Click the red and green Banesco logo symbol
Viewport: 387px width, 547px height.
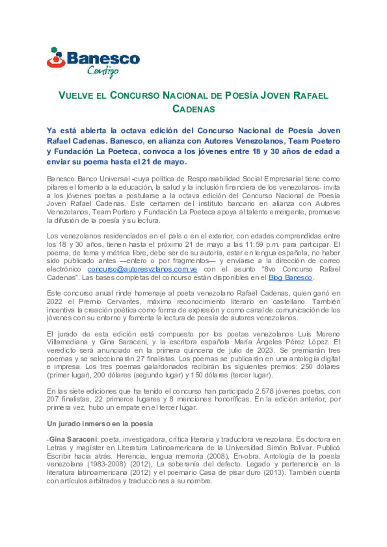(56, 58)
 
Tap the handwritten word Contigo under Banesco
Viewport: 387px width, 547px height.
(103, 71)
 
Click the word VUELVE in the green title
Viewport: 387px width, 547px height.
(76, 96)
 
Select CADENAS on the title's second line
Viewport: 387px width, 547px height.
(193, 109)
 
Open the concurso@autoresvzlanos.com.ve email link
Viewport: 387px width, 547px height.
(142, 269)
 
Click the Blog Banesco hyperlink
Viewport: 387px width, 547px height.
(290, 277)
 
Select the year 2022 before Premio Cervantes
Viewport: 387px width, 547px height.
(54, 302)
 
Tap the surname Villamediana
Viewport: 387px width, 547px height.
(67, 342)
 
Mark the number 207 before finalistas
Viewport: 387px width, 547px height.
(52, 399)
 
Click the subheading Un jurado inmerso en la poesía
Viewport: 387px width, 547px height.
(100, 424)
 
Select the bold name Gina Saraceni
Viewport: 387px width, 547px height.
(73, 440)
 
